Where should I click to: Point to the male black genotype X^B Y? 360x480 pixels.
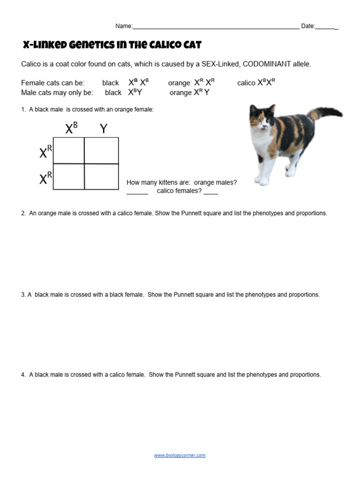coord(135,92)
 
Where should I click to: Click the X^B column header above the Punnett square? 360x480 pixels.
coord(71,128)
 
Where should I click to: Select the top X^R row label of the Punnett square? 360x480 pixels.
coord(45,151)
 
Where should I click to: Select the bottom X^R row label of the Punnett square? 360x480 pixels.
coord(45,177)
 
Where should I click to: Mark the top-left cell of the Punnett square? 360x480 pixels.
coord(69,150)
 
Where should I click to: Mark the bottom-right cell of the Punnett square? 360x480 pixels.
coord(101,177)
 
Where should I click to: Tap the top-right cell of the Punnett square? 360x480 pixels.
coord(101,150)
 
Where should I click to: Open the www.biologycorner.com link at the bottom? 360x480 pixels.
coord(180,455)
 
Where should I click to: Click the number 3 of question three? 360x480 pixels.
coord(23,295)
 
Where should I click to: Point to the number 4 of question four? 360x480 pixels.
coord(23,375)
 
